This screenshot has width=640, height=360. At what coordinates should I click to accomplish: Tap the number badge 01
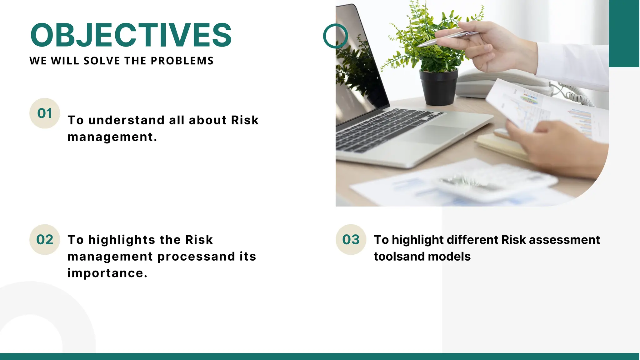click(45, 113)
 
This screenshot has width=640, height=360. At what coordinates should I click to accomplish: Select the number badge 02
click(45, 240)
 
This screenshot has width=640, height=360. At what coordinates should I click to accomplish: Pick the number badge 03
click(351, 240)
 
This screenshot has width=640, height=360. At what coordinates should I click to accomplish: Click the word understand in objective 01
click(126, 120)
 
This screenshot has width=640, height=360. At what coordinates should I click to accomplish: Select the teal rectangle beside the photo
click(624, 33)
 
